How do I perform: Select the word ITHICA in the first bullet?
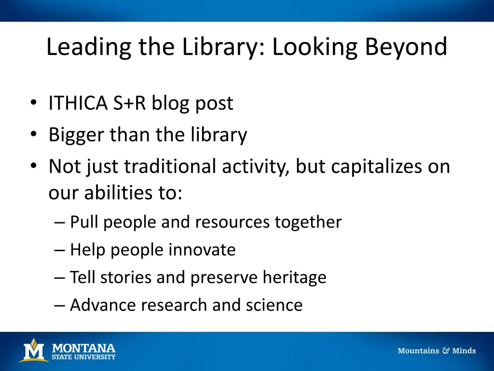point(78,103)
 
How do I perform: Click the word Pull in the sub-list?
point(84,222)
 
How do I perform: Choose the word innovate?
point(202,250)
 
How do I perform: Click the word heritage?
point(294,277)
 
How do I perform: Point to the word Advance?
point(100,305)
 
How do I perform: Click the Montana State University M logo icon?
point(33,350)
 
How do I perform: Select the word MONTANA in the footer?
point(83,348)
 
